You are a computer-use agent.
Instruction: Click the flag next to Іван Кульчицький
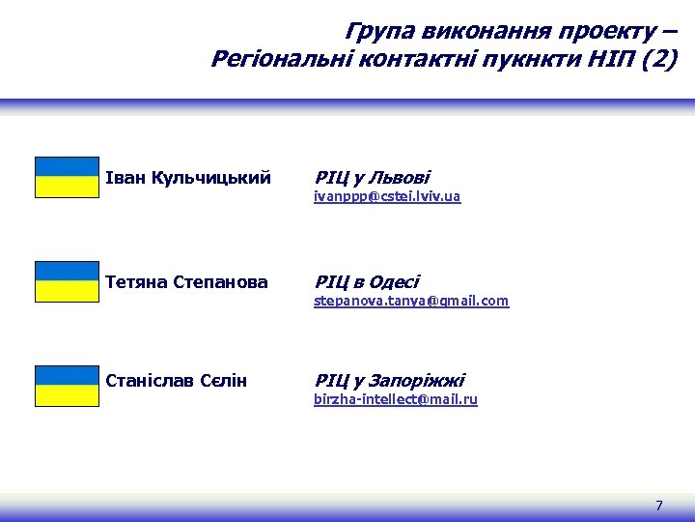[67, 178]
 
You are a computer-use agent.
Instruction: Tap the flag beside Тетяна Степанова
[67, 281]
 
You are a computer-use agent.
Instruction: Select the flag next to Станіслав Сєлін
[67, 386]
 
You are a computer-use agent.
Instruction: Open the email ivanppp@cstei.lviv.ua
[387, 197]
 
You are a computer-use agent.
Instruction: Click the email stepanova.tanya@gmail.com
[411, 301]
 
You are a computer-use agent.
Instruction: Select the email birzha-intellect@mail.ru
[396, 399]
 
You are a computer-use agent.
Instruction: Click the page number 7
[659, 506]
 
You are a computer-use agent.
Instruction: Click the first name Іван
[124, 179]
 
